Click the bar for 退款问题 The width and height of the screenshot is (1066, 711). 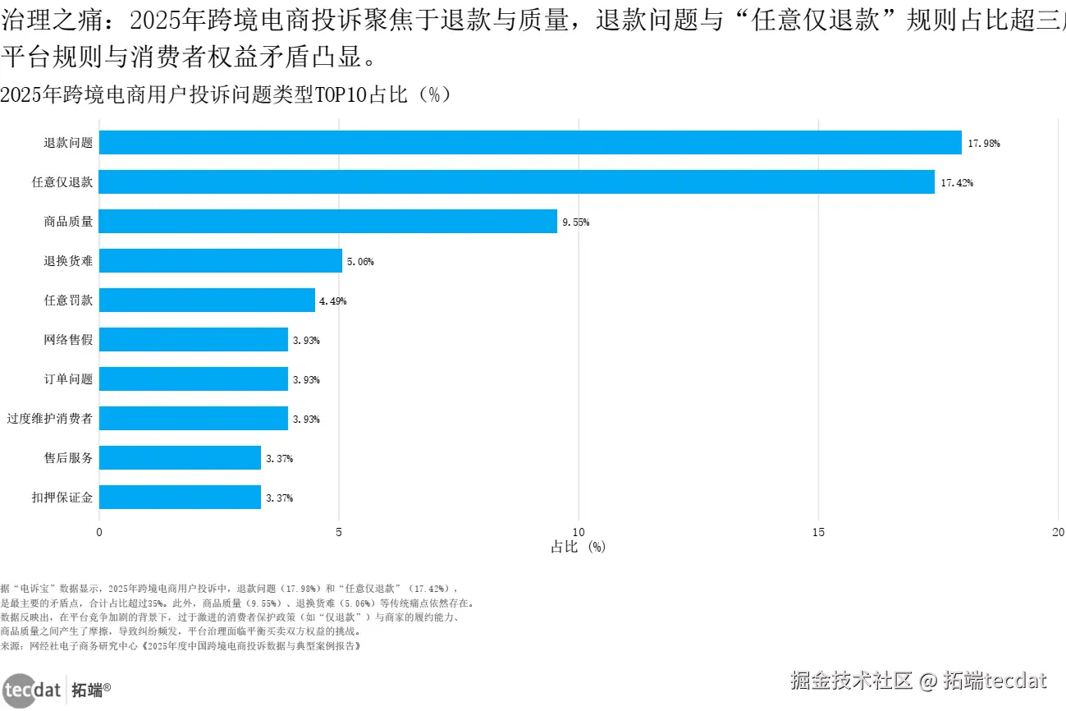[x=529, y=143]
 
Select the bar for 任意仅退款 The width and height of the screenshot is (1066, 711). [x=516, y=182]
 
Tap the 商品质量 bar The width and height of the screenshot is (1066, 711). [x=327, y=222]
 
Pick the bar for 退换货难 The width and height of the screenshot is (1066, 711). [x=220, y=261]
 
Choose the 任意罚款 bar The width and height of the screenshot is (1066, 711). [x=207, y=300]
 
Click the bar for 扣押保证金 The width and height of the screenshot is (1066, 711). [x=180, y=498]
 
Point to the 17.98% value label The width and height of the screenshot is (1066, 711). [x=983, y=144]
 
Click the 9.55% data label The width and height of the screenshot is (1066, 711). [x=575, y=222]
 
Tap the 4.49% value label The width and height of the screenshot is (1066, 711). [x=332, y=301]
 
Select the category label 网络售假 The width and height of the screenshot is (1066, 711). [x=68, y=340]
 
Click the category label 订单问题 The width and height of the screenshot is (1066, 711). [x=68, y=379]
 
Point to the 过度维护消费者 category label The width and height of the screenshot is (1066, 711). [x=50, y=419]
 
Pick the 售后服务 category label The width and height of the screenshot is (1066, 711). [x=68, y=458]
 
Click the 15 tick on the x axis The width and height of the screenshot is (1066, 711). [x=818, y=532]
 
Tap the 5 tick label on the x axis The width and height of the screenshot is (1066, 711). [x=339, y=532]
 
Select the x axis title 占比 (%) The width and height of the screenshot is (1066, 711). [x=578, y=548]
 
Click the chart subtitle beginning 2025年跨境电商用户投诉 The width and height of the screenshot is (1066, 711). [x=226, y=95]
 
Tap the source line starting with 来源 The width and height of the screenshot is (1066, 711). [x=181, y=646]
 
